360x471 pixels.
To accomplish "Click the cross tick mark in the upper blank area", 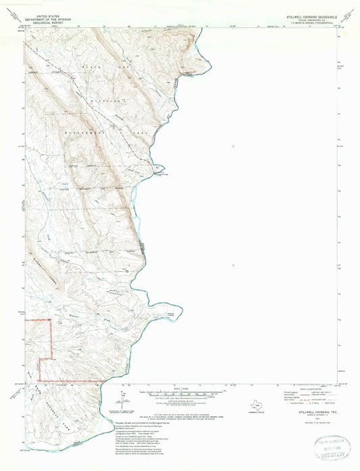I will pyautogui.click(x=234, y=145).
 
